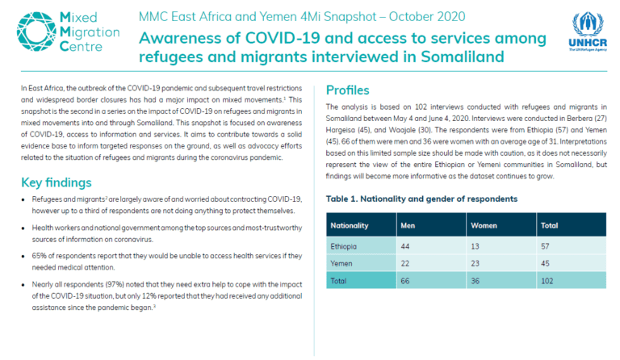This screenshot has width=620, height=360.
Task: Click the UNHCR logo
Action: click(588, 32)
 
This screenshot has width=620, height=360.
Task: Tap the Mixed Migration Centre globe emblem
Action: click(36, 31)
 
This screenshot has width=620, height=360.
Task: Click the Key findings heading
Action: click(57, 182)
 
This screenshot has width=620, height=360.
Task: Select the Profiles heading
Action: click(348, 90)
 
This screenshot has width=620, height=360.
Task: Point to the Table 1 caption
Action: click(421, 199)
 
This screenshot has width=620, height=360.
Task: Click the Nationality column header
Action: click(349, 225)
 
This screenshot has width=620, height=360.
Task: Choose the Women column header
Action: click(484, 225)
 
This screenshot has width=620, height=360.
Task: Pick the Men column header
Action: click(408, 225)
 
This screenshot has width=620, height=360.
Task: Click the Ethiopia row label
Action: click(343, 246)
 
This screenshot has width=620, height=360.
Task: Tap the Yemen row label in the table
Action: click(341, 264)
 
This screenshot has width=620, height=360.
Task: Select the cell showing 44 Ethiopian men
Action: click(405, 246)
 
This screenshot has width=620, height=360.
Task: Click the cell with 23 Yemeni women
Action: click(475, 264)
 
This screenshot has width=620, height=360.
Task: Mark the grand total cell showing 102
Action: click(547, 281)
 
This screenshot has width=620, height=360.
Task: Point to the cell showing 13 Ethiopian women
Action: click(475, 246)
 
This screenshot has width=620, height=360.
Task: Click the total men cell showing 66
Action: click(405, 281)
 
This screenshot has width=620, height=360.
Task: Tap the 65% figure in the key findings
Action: click(39, 256)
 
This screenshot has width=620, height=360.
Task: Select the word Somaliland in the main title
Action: click(463, 57)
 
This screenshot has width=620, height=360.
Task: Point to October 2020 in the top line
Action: click(427, 17)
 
